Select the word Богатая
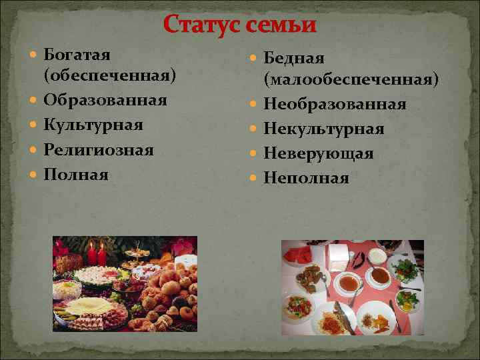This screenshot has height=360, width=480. tap(77, 53)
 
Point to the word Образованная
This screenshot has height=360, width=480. tap(105, 100)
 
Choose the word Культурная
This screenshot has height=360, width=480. tap(93, 125)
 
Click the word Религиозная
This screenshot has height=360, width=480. tap(99, 149)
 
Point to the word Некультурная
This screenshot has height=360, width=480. tap(324, 129)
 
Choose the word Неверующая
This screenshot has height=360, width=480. tap(318, 153)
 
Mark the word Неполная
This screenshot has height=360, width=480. tap(307, 177)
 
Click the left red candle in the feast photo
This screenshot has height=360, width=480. tap(92, 254)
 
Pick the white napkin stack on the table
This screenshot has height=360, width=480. tap(339, 254)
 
